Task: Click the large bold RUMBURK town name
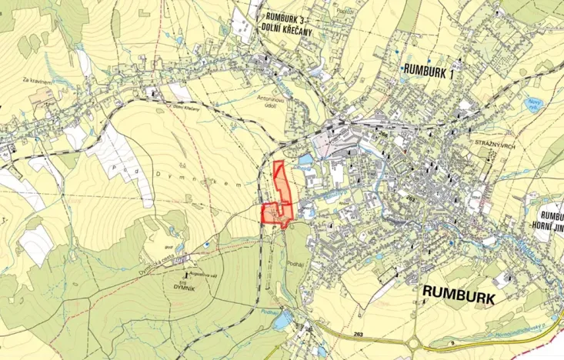click(458, 294)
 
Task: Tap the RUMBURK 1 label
click(429, 73)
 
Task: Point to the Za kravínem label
click(36, 79)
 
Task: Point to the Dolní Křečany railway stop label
click(185, 107)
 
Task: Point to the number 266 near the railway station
click(382, 132)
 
